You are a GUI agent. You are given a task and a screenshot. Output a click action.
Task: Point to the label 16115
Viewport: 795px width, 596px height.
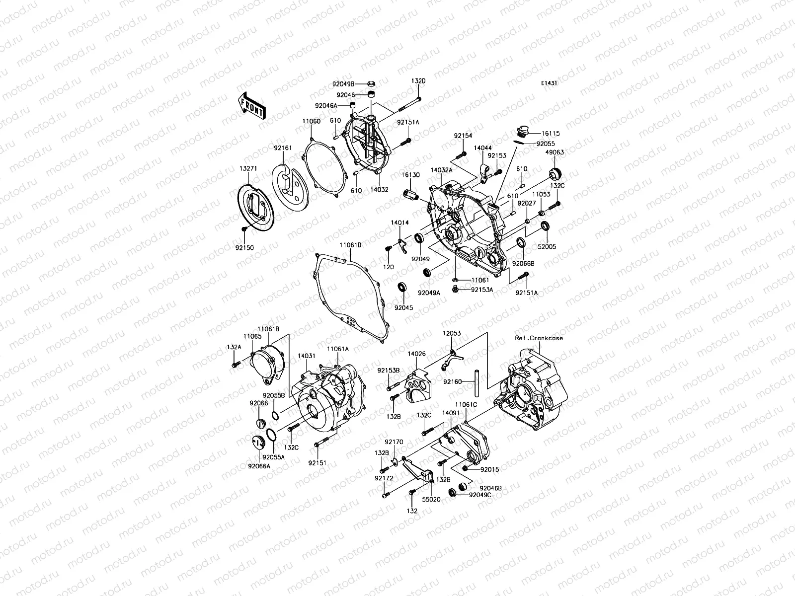(x=551, y=134)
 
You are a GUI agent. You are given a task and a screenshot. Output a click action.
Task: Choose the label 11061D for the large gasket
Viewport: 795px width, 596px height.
(x=351, y=245)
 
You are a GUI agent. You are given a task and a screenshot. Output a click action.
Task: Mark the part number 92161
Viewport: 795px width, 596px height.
(x=282, y=148)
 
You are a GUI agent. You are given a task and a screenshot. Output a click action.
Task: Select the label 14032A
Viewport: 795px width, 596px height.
(x=442, y=170)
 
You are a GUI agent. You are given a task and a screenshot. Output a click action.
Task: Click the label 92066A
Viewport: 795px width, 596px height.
(x=260, y=466)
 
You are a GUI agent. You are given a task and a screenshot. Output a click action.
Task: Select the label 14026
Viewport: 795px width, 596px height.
(x=416, y=354)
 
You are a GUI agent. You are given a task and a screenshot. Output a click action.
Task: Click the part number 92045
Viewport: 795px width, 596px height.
(x=404, y=307)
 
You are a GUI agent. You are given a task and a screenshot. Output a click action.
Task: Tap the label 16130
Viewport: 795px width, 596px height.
(x=411, y=175)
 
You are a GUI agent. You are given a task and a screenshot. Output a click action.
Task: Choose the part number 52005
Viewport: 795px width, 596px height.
(x=547, y=246)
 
